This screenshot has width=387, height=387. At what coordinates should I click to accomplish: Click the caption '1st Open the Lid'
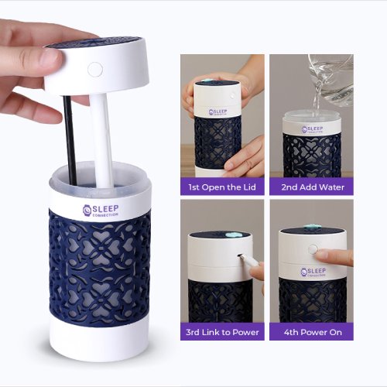point(222,187)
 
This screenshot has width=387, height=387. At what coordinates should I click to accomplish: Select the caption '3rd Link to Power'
point(222,332)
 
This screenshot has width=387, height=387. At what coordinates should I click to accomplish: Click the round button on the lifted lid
point(94,70)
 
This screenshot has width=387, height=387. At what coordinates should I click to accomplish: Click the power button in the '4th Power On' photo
point(313,251)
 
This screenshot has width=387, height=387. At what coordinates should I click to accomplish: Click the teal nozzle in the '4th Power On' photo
point(311,228)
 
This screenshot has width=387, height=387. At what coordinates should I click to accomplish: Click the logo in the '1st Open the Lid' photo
point(220,112)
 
